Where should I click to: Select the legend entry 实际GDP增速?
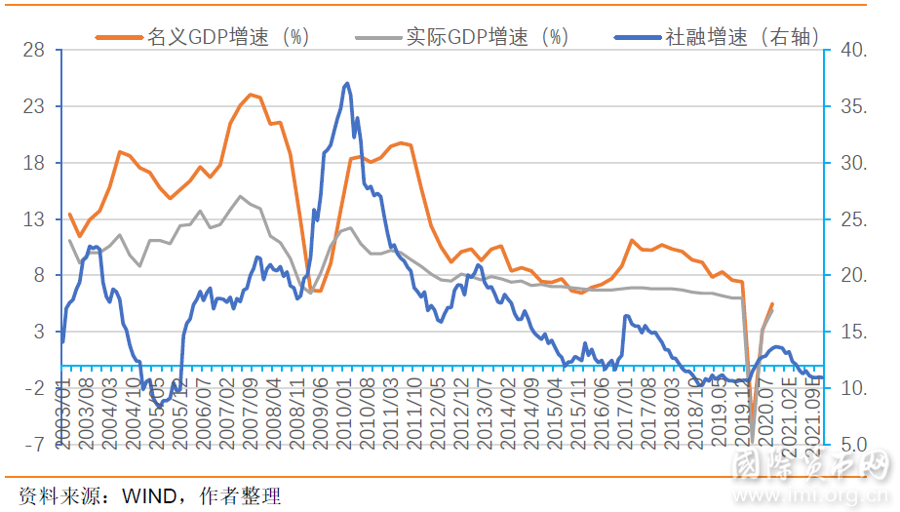(x=486, y=38)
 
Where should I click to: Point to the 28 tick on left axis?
(x=34, y=50)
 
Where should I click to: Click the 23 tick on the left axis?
(x=34, y=106)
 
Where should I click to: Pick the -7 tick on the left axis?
(x=34, y=445)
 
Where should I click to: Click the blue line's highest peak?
(x=347, y=84)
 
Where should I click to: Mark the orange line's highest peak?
(x=251, y=95)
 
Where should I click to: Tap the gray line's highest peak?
(x=241, y=196)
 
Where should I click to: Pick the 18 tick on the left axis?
(x=34, y=163)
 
